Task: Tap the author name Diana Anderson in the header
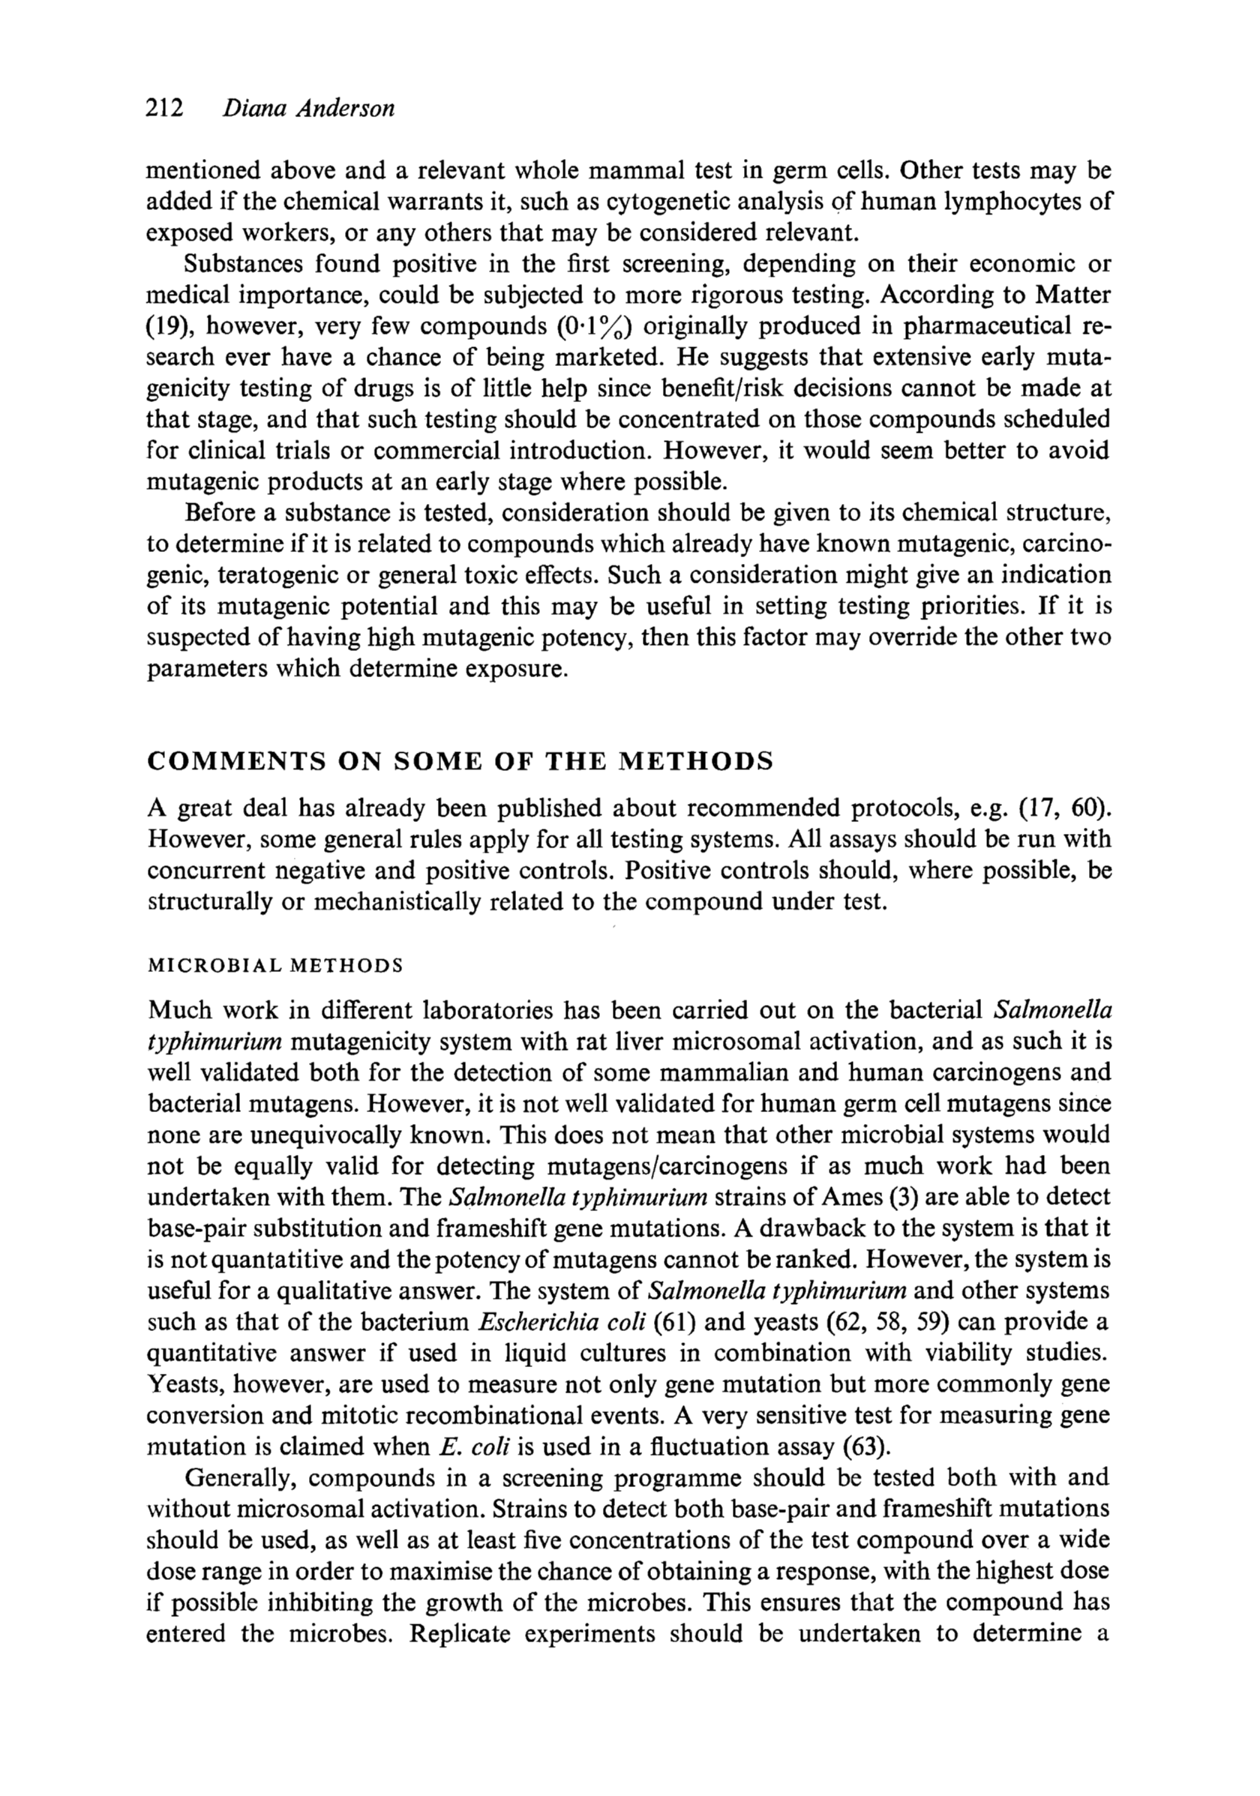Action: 309,108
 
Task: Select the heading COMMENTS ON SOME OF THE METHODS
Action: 460,761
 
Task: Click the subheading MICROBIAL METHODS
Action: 275,965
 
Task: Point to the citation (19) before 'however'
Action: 166,326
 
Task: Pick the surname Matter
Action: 1072,295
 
